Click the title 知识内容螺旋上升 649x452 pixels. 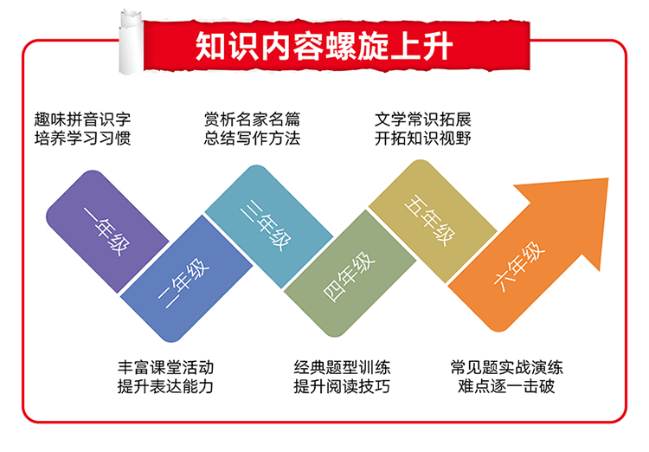coord(324,46)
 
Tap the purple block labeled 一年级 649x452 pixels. coord(107,231)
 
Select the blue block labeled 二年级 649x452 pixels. coord(186,279)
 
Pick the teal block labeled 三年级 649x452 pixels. coord(268,227)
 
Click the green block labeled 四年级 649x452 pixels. coord(350,274)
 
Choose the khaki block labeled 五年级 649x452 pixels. coord(433,221)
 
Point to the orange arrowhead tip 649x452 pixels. coord(607,179)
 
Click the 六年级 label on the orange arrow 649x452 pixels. coord(519,266)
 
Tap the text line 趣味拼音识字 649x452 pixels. coord(83,119)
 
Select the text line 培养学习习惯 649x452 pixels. coord(83,139)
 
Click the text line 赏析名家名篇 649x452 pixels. coord(252,119)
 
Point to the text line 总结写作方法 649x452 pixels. coord(252,139)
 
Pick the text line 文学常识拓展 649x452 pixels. coord(423,119)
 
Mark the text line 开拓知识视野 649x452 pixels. coord(423,139)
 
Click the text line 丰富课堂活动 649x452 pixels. coord(165,367)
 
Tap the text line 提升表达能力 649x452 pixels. coord(165,386)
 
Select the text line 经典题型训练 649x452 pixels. coord(342,367)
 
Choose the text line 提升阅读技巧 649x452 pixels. coord(342,386)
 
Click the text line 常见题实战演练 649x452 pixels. coord(506,367)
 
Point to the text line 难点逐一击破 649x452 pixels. coord(506,386)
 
